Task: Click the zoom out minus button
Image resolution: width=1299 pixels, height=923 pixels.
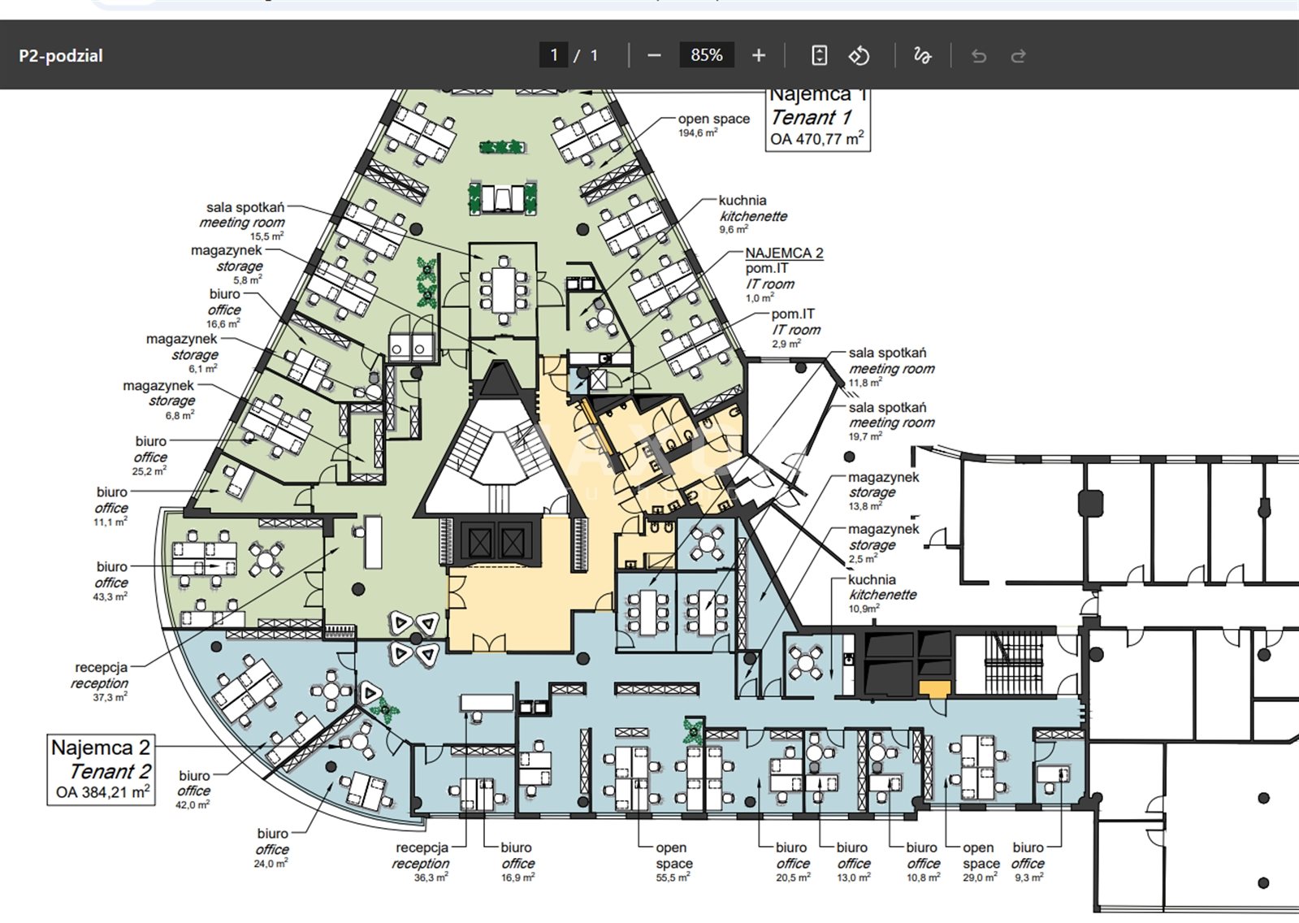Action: pos(654,55)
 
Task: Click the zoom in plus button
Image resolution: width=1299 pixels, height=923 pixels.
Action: pos(759,55)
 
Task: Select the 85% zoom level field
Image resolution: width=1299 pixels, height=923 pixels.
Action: pos(706,55)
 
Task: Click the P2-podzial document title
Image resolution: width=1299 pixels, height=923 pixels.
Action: pos(61,56)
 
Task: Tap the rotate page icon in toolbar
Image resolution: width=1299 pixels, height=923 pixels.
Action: pos(859,55)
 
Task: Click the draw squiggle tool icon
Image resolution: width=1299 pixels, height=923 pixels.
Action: pos(922,55)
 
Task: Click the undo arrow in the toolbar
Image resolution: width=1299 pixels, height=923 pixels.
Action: pos(979,56)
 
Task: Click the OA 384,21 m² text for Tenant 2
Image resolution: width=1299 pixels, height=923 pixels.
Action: pos(102,792)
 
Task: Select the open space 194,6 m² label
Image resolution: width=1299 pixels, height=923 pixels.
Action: pos(713,124)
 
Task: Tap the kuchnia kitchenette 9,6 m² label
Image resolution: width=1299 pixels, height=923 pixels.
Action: pos(752,214)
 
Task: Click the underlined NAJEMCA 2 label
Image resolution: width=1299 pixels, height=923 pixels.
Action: pos(784,253)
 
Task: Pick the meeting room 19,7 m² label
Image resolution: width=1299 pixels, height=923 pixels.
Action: pos(890,421)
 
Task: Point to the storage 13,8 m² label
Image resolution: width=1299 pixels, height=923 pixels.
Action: pos(882,491)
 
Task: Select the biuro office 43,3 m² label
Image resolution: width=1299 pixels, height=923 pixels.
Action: pos(111,580)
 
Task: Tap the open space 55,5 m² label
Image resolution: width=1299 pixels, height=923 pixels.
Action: pos(673,862)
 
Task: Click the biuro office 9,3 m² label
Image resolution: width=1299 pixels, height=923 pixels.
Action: pos(1028,862)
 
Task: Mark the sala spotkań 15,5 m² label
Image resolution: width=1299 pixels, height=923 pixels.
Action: pos(244,221)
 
